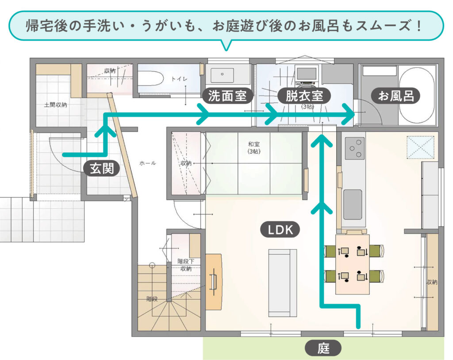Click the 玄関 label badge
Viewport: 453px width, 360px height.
(x=102, y=168)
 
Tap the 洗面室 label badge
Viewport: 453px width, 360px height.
(x=227, y=96)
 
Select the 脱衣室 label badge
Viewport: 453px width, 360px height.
(x=304, y=96)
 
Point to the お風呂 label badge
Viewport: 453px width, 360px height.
(x=395, y=96)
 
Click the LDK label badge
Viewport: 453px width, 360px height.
(x=280, y=229)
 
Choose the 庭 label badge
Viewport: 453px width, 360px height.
(x=323, y=348)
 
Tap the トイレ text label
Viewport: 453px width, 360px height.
(x=179, y=79)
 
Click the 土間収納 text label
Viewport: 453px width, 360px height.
(x=55, y=105)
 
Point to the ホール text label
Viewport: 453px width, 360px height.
(x=147, y=163)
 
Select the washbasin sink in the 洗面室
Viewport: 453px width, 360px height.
(x=222, y=75)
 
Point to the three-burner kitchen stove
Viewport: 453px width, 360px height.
(x=354, y=148)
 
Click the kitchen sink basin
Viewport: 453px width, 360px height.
(x=353, y=205)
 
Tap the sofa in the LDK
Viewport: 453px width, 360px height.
(x=283, y=283)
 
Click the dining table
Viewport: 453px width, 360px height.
(x=353, y=264)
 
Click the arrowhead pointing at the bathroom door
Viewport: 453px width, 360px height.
(x=348, y=115)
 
